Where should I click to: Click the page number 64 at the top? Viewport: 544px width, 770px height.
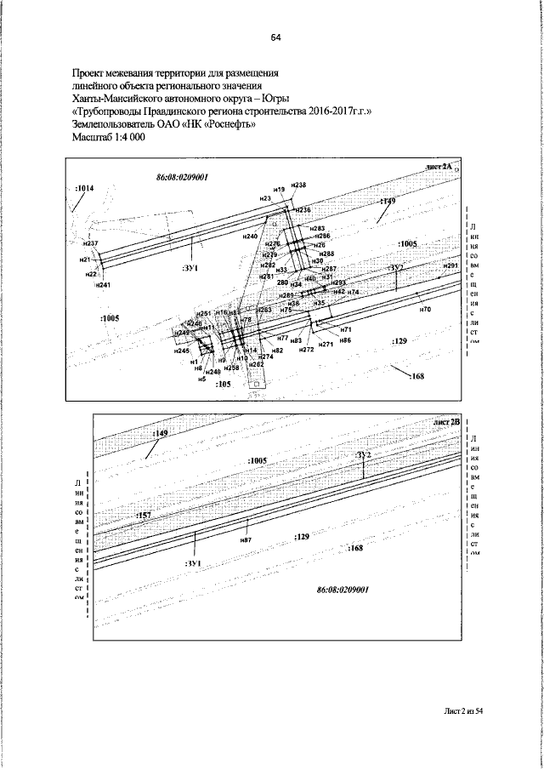[x=275, y=37]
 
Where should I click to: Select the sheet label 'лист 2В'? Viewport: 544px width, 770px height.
[x=445, y=421]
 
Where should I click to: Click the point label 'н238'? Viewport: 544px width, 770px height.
[x=297, y=185]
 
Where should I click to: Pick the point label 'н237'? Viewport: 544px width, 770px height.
[x=91, y=243]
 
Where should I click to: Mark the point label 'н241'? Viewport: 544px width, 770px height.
[x=103, y=285]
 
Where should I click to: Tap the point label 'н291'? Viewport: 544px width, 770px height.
[x=450, y=266]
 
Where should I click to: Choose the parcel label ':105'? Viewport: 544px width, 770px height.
[x=224, y=384]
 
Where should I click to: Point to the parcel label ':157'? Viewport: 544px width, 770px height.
[x=143, y=516]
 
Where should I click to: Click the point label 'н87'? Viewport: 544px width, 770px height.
[x=246, y=539]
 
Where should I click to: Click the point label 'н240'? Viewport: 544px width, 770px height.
[x=250, y=235]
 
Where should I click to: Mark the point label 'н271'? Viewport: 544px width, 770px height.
[x=325, y=345]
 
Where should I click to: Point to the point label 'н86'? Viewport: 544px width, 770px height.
[x=345, y=340]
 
